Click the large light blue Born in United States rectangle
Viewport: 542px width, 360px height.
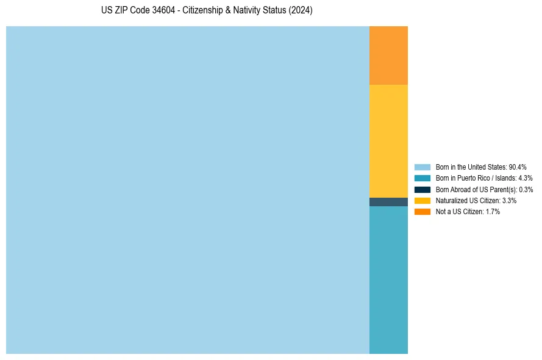(x=188, y=190)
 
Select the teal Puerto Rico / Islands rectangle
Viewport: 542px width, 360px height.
(x=388, y=279)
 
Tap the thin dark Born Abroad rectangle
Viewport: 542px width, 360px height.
(x=388, y=202)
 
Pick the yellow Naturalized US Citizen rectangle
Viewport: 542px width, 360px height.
(x=388, y=141)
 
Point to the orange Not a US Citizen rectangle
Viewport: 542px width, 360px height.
(x=388, y=56)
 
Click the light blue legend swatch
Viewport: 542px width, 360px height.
(x=423, y=167)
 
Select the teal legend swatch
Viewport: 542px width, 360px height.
(x=423, y=178)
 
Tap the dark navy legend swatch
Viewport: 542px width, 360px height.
(x=423, y=189)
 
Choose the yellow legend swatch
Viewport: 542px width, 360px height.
(x=423, y=200)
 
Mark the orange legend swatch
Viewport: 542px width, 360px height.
(x=423, y=212)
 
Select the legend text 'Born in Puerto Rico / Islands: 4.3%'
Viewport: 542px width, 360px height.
(x=484, y=178)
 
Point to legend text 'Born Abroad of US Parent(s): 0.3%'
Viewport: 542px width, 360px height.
(x=484, y=189)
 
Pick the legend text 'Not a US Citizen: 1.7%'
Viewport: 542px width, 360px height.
(x=468, y=212)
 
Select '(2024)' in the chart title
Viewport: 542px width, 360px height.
(x=301, y=10)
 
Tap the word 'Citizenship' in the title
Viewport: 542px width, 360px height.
(x=204, y=10)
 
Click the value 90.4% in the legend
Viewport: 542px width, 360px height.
(x=518, y=167)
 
